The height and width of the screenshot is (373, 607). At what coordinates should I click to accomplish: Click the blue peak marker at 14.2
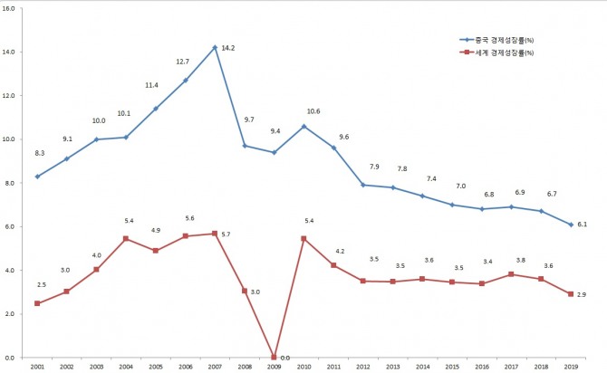(x=215, y=47)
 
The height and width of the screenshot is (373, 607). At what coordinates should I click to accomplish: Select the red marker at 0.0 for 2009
(x=274, y=357)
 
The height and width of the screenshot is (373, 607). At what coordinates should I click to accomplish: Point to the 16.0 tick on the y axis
(x=8, y=8)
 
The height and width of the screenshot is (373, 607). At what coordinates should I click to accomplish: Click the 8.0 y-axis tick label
(x=9, y=183)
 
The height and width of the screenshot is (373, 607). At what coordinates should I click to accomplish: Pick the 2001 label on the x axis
(x=37, y=367)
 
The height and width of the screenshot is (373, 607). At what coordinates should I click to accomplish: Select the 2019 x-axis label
(x=571, y=367)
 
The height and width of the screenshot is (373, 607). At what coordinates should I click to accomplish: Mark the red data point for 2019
(x=571, y=294)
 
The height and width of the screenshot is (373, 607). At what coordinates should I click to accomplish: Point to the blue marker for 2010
(x=303, y=126)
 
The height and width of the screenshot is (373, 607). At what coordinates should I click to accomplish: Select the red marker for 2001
(x=37, y=303)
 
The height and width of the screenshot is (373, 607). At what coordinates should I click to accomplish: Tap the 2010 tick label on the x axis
(x=303, y=367)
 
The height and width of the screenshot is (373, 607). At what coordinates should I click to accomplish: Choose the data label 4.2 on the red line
(x=339, y=251)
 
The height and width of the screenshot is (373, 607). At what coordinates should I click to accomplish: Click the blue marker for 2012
(x=362, y=185)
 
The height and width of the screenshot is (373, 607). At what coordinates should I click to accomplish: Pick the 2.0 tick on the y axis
(x=9, y=313)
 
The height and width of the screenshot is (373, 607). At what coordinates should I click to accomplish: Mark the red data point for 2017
(x=511, y=274)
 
